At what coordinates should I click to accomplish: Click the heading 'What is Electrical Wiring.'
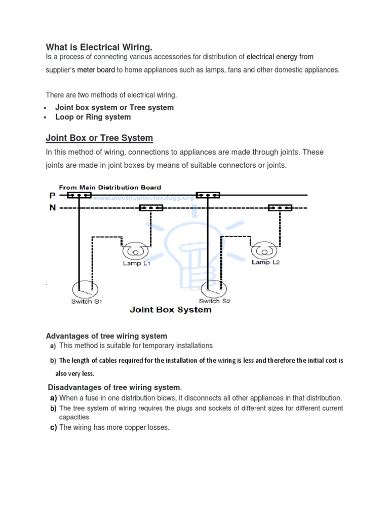coord(99,47)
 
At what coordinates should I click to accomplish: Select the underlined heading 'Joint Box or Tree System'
coord(99,138)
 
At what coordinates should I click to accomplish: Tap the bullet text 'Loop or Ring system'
coord(93,117)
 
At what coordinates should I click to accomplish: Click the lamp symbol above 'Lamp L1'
coord(135,251)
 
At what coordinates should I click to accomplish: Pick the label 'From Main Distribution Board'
coord(110,187)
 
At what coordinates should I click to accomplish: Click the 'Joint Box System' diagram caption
coord(171,310)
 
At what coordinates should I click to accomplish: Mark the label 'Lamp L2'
coord(266,263)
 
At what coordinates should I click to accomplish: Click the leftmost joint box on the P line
coord(80,195)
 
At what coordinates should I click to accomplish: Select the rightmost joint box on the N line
coord(280,208)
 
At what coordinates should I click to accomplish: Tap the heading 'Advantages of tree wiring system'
coord(106,336)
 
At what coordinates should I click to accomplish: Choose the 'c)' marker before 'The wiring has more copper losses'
coord(53,427)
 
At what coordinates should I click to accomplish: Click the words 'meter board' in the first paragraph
coord(96,70)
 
